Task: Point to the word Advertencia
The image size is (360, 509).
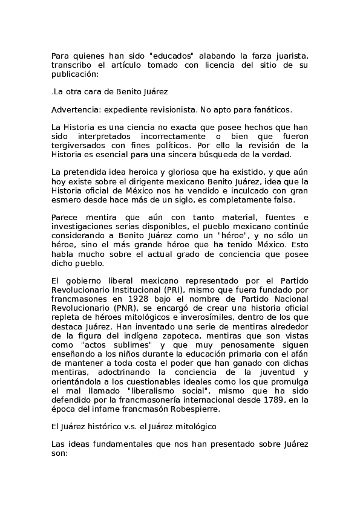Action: tap(76, 110)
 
